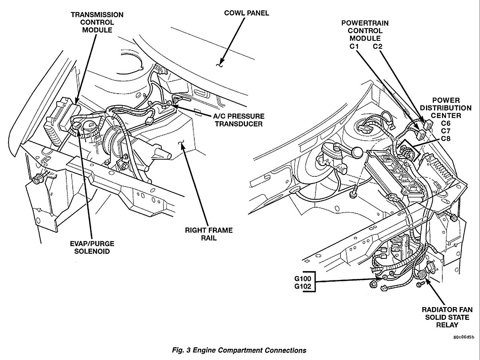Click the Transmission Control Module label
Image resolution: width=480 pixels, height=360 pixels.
pyautogui.click(x=97, y=22)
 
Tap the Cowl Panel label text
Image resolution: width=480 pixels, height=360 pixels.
pyautogui.click(x=246, y=13)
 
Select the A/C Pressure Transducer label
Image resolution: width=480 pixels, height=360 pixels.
pyautogui.click(x=239, y=120)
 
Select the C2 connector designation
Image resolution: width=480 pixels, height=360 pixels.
pyautogui.click(x=378, y=46)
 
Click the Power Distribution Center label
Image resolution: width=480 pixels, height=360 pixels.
pyautogui.click(x=446, y=108)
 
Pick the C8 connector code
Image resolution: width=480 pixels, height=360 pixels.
pyautogui.click(x=446, y=138)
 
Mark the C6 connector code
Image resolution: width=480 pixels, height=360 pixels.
pyautogui.click(x=446, y=123)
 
